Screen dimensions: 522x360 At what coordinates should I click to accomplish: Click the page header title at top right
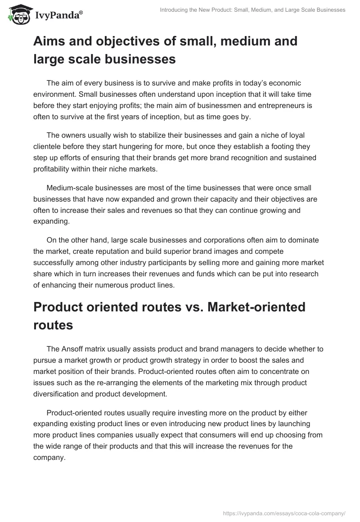(252, 10)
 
